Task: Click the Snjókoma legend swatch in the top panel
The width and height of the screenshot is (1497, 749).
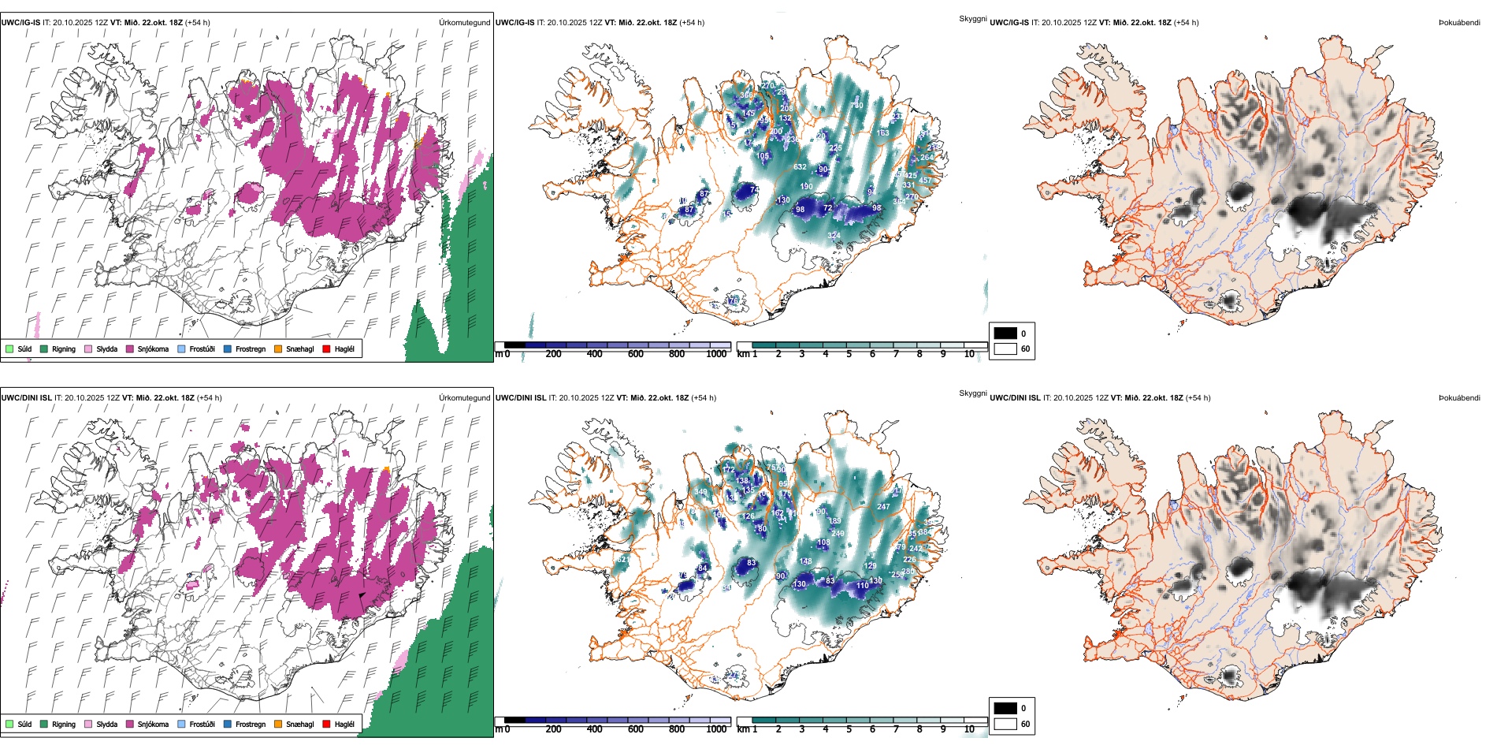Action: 130,348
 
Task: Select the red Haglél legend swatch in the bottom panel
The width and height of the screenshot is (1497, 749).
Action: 325,724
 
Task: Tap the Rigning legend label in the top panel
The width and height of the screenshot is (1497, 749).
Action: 64,348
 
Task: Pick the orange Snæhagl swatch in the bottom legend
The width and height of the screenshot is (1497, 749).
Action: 278,724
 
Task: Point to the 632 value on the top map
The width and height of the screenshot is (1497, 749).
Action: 800,167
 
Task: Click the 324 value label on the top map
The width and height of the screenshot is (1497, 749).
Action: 834,235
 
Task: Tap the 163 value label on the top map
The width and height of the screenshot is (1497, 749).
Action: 882,133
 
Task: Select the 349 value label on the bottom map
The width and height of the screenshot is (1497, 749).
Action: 700,492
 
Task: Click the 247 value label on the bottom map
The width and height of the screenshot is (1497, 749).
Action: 883,507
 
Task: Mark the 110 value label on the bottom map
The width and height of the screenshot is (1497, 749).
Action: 863,586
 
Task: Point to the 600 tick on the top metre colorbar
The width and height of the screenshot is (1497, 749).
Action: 635,354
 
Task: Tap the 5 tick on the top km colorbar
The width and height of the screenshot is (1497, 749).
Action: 849,354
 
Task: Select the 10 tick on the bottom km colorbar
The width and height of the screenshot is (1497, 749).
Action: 969,729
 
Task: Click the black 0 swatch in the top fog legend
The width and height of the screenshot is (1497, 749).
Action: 1005,334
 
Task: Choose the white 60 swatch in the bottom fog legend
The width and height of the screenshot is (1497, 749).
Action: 1005,724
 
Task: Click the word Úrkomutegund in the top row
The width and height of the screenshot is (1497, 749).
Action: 464,23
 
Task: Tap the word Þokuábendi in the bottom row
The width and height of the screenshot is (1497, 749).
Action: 1459,398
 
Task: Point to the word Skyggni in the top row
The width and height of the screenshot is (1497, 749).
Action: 972,19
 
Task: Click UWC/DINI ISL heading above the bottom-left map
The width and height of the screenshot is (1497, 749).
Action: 26,398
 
